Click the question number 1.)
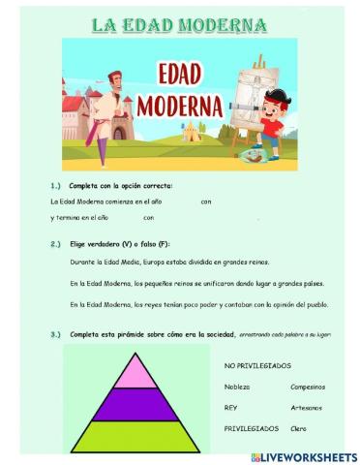coord(55,185)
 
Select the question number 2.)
coord(55,244)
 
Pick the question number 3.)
coord(55,334)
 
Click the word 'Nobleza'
coord(237,387)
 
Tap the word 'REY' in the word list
coord(231,407)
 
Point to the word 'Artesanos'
coord(308,407)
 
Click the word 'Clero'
coord(299,427)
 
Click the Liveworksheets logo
coord(304,455)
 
